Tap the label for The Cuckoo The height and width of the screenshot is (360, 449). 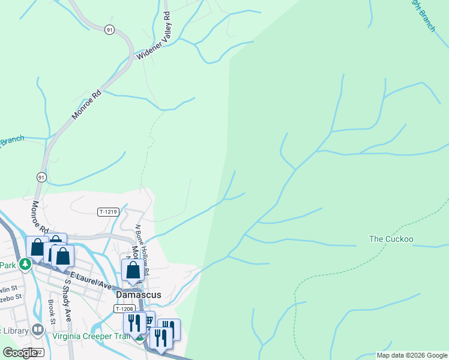point(391,239)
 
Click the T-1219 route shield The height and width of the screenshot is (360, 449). point(108,212)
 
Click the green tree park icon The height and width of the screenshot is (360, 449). point(25,264)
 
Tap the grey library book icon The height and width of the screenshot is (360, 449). point(38,330)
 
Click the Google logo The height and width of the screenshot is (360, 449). point(20,353)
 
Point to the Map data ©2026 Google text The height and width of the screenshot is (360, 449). point(412,355)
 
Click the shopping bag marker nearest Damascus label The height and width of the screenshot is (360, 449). point(133,271)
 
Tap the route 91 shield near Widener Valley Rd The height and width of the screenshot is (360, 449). point(109,29)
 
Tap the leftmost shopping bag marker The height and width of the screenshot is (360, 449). point(37,247)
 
